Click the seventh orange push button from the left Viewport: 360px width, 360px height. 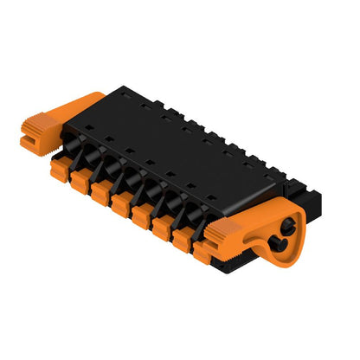183,240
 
